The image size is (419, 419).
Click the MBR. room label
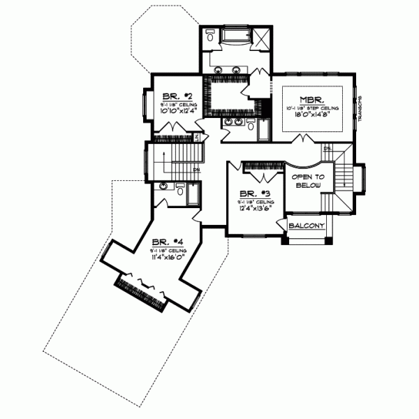(311, 99)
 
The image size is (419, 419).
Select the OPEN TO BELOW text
(305, 182)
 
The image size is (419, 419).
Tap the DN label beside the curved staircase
(327, 149)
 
